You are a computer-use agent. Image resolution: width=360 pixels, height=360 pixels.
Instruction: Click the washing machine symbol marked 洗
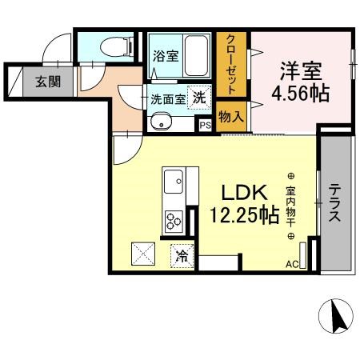[x=197, y=93]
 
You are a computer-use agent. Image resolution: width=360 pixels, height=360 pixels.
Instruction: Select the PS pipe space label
[x=205, y=125]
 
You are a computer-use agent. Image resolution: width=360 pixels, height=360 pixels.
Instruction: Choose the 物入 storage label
[x=231, y=117]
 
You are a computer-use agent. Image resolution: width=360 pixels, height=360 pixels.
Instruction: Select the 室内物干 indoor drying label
[x=290, y=206]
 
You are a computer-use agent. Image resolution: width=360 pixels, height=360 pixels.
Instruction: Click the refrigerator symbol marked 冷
[x=181, y=257]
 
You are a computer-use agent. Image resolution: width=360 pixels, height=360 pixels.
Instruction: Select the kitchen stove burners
[x=174, y=218]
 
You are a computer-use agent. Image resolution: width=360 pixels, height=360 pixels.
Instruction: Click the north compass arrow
[x=338, y=318]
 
